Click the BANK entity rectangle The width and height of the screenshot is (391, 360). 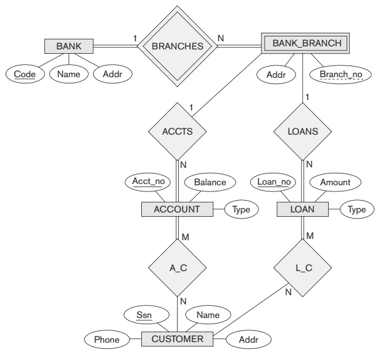[69, 46]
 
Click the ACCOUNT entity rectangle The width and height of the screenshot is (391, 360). [178, 209]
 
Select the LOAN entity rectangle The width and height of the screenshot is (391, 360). [302, 209]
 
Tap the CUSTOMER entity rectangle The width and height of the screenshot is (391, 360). [177, 338]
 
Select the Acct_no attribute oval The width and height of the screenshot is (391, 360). [148, 182]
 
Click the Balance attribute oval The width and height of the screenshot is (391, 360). [209, 182]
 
